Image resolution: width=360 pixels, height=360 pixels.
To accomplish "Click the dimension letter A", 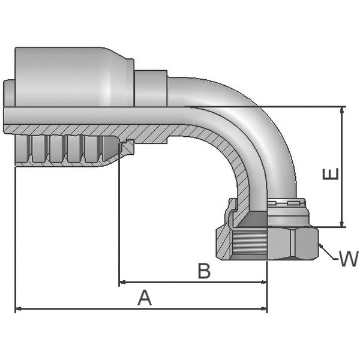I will tap(145, 297).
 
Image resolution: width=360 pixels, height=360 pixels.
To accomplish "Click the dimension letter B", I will tap(204, 271).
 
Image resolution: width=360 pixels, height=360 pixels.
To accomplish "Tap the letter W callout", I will tap(347, 259).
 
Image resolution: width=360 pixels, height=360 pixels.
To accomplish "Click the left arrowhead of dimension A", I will tap(18, 309).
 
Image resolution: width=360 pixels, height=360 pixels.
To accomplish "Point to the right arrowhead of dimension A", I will tap(264, 309).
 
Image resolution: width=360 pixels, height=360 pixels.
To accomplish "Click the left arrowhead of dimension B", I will tap(123, 281).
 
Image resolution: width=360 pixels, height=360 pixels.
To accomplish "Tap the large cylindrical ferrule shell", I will tap(72, 75).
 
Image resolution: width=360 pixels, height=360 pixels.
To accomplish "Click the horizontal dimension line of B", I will tap(180, 281).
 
